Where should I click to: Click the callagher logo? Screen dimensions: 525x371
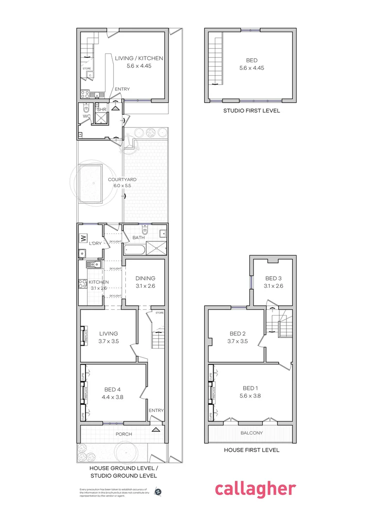tap(255, 489)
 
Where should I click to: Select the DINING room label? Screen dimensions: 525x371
tap(146, 282)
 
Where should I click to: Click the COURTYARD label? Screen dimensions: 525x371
tap(122, 183)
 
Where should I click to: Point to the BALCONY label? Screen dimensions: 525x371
tap(252, 433)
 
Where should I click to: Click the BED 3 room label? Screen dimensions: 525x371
tap(273, 282)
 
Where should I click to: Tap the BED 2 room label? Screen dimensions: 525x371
tap(237, 337)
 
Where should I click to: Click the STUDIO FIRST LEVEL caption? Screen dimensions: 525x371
tap(252, 111)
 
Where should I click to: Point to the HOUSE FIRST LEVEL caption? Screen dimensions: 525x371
tap(252, 450)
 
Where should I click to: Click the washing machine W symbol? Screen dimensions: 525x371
tap(83, 239)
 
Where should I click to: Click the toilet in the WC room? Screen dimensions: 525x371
tap(86, 109)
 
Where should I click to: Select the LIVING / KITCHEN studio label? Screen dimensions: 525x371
tap(139, 62)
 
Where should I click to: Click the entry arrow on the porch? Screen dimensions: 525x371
tap(156, 430)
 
